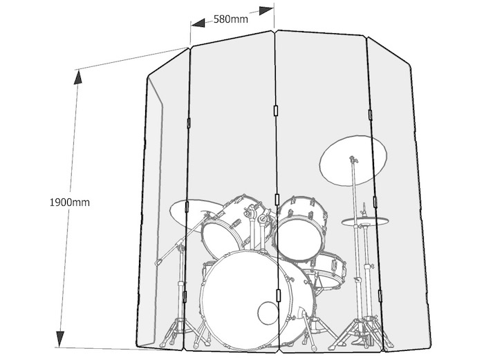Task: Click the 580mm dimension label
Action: point(230,19)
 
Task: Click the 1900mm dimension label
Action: point(70,202)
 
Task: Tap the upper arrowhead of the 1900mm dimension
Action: point(77,77)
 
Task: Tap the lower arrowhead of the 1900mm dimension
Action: point(60,339)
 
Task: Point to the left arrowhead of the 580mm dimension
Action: point(198,23)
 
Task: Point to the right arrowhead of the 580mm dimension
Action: point(266,10)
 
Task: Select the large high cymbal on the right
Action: point(353,161)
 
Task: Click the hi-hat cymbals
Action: point(365,221)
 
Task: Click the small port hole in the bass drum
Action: point(268,313)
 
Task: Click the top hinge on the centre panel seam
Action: point(276,111)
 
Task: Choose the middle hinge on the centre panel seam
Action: point(277,199)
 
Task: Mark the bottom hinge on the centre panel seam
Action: point(279,295)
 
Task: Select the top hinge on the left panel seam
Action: point(189,122)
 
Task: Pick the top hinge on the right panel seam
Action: point(370,115)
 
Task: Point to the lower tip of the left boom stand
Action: point(158,263)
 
